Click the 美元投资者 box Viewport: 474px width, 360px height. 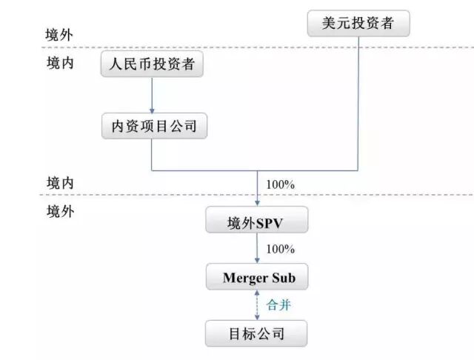click(x=358, y=24)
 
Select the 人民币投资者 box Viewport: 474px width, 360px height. click(x=152, y=65)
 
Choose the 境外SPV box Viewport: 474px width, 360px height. click(x=256, y=221)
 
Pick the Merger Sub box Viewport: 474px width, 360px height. click(x=256, y=279)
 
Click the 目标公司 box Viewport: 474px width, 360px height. click(x=256, y=333)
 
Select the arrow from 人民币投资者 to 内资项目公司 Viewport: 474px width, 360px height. click(x=152, y=95)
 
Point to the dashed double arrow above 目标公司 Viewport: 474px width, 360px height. click(x=256, y=305)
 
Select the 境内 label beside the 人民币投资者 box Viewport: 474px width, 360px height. click(x=59, y=64)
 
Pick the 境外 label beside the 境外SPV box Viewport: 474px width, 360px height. click(x=59, y=211)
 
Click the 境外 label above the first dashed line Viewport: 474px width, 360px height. click(x=59, y=35)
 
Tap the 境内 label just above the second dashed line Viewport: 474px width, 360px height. click(x=59, y=182)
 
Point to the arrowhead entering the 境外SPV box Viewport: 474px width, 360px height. click(x=256, y=203)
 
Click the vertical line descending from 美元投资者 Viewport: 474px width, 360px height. click(x=358, y=104)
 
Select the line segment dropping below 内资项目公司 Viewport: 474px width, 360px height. click(x=152, y=156)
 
